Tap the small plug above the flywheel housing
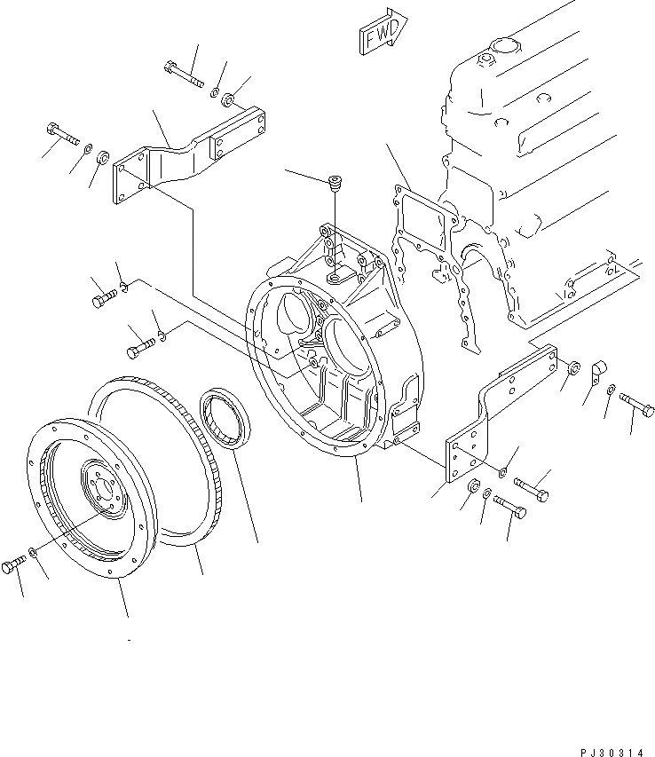[x=335, y=184]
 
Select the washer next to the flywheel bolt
[x=32, y=554]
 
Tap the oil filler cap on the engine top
[x=485, y=59]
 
